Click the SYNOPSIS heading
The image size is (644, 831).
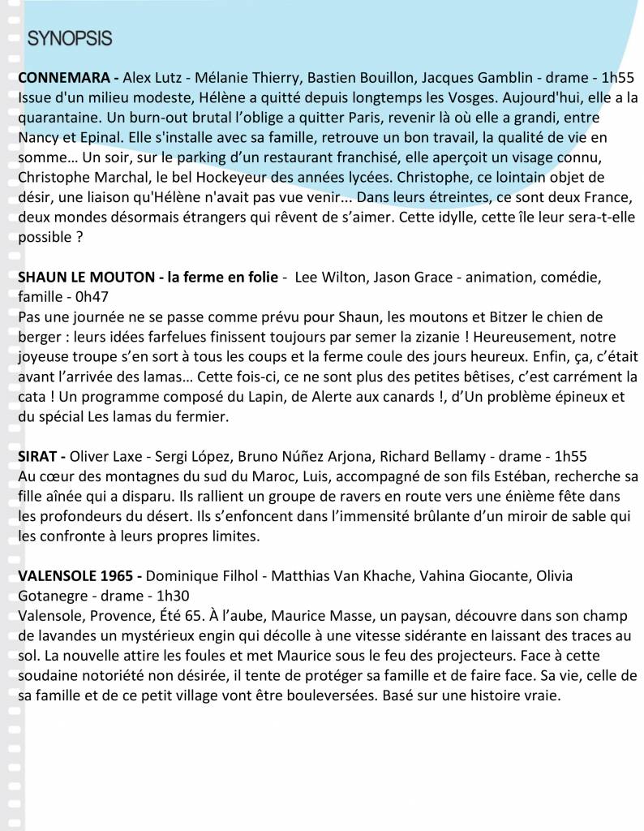[70, 38]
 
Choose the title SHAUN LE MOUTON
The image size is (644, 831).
[85, 278]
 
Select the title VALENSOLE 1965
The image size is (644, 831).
[75, 575]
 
